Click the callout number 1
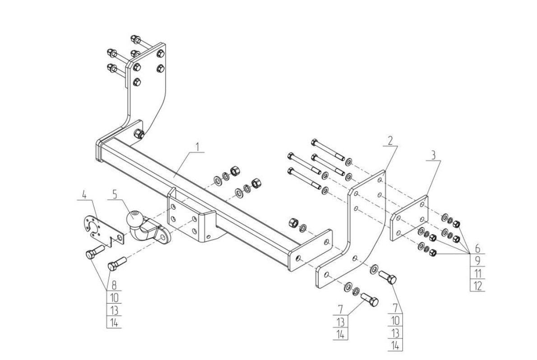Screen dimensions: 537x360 point(197,147)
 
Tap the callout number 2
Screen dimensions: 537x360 point(390,140)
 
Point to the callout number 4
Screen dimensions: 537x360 point(84,195)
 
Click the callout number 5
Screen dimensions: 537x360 point(115,194)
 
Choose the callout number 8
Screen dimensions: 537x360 point(114,285)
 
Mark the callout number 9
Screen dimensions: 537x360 point(478,261)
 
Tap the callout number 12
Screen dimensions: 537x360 point(478,286)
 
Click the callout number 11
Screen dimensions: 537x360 point(478,274)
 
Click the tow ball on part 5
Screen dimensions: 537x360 point(134,218)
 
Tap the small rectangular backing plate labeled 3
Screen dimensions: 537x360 point(409,218)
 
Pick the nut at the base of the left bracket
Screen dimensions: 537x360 point(139,133)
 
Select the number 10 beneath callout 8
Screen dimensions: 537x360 point(114,297)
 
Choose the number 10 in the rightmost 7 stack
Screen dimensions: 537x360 point(395,321)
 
